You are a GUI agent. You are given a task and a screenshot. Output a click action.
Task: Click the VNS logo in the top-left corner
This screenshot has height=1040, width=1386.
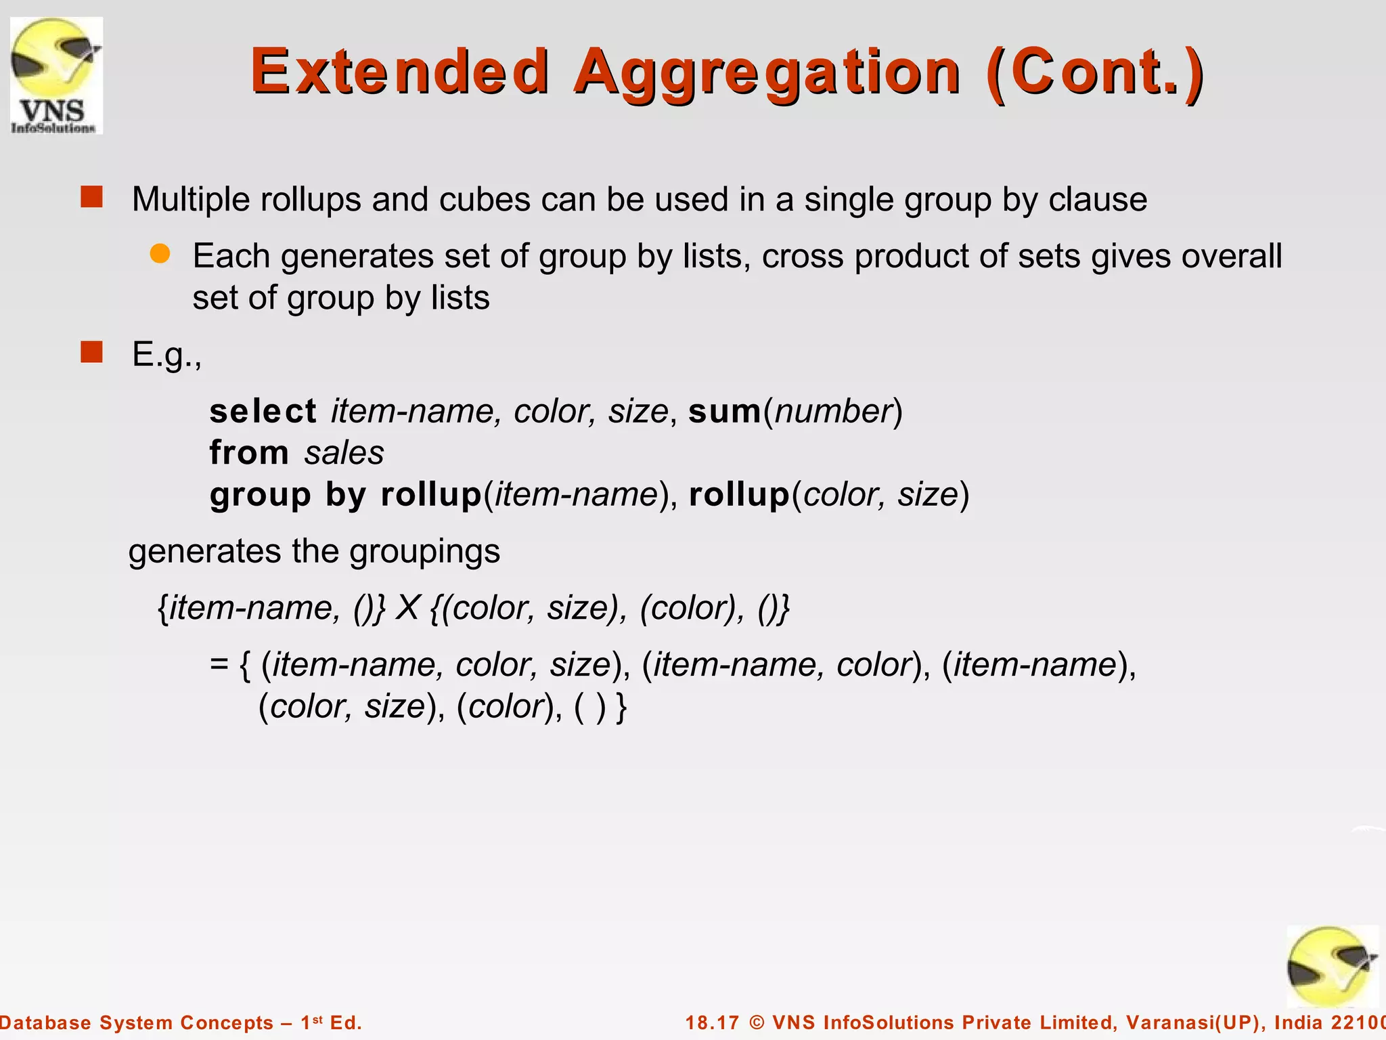(x=56, y=75)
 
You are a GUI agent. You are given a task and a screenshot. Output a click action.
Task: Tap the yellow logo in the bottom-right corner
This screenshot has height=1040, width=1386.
(x=1331, y=966)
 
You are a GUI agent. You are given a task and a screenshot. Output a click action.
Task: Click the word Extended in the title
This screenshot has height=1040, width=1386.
(x=399, y=71)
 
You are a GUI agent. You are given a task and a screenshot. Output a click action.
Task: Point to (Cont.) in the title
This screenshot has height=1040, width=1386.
(x=1094, y=72)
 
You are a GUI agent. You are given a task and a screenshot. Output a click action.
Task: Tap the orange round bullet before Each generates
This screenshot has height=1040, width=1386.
(x=160, y=254)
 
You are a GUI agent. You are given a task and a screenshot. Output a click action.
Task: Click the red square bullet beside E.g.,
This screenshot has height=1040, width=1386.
(x=91, y=352)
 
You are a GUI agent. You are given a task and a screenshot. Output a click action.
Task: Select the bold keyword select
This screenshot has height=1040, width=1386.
(x=263, y=411)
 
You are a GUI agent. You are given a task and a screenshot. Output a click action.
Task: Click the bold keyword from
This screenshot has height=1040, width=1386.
(x=249, y=452)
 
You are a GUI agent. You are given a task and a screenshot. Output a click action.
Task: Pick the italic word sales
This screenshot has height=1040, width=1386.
(x=344, y=453)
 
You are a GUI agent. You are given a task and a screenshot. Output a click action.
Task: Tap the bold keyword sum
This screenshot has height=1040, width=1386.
(x=724, y=412)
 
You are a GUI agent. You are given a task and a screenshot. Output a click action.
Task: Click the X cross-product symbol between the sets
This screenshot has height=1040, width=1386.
(x=407, y=607)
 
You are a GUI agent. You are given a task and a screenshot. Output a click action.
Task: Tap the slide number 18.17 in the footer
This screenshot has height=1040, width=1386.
(x=712, y=1022)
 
